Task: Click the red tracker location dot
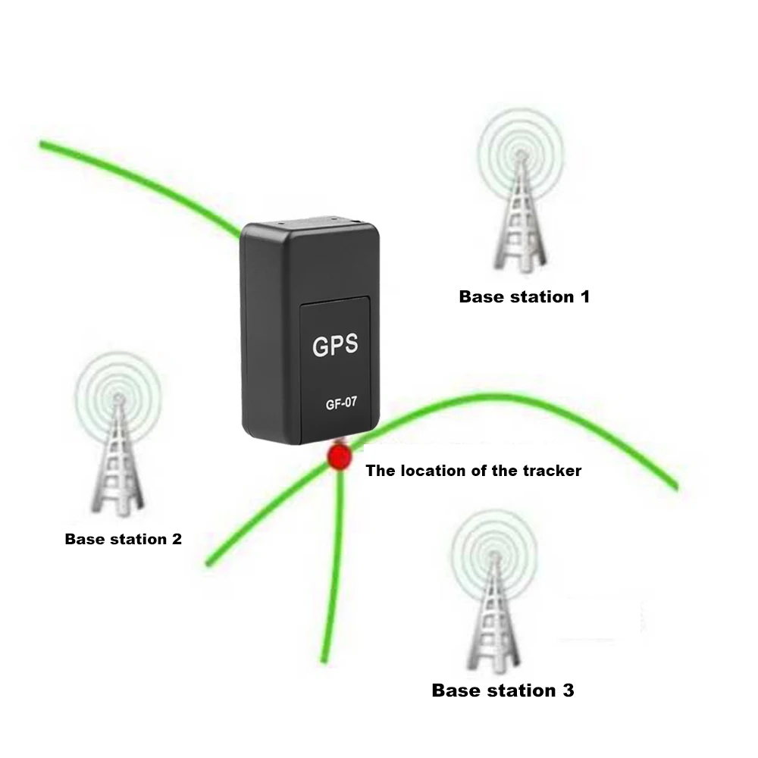[338, 457]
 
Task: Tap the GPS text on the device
[335, 346]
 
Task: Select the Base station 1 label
[524, 296]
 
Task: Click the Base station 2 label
[123, 539]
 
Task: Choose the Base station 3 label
[503, 690]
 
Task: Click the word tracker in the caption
[553, 471]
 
